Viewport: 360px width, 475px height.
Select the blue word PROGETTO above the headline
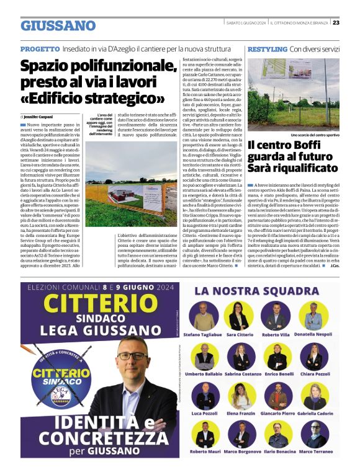pos(40,49)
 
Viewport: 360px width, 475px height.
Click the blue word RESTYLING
pos(267,49)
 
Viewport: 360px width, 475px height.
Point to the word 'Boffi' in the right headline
pos(310,146)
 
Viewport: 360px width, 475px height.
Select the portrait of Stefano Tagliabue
pos(205,316)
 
